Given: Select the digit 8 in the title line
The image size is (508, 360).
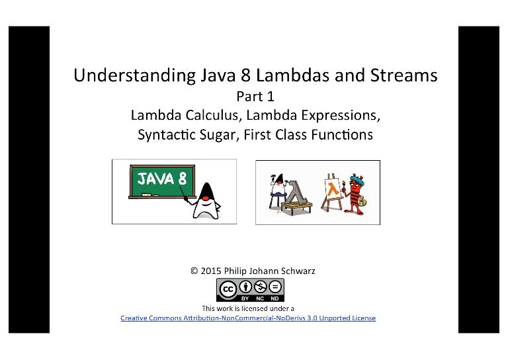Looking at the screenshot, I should (x=224, y=75).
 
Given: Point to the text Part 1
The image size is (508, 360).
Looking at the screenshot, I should (x=255, y=96).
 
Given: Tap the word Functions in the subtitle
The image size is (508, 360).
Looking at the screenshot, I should (x=341, y=135).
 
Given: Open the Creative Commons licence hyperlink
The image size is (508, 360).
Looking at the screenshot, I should (x=247, y=318).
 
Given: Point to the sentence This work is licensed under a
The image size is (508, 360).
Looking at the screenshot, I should (x=247, y=308).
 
